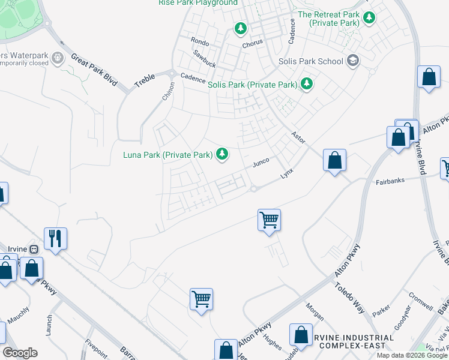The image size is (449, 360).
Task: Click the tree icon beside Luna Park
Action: point(222,155)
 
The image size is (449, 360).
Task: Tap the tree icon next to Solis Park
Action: point(307,84)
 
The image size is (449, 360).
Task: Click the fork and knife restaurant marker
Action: point(55,238)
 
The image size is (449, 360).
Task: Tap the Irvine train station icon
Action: point(34,249)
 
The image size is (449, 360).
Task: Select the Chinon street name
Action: point(167,91)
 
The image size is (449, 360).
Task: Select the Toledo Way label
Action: point(349,298)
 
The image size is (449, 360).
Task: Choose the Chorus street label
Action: point(253,44)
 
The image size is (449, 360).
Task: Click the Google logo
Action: point(20,353)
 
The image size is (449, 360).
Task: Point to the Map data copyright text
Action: point(411,355)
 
